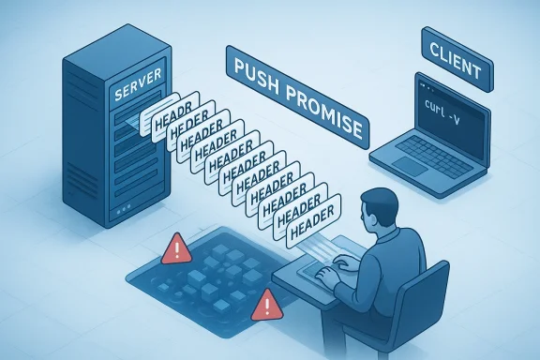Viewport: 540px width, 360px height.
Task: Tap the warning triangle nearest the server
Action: [175, 249]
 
